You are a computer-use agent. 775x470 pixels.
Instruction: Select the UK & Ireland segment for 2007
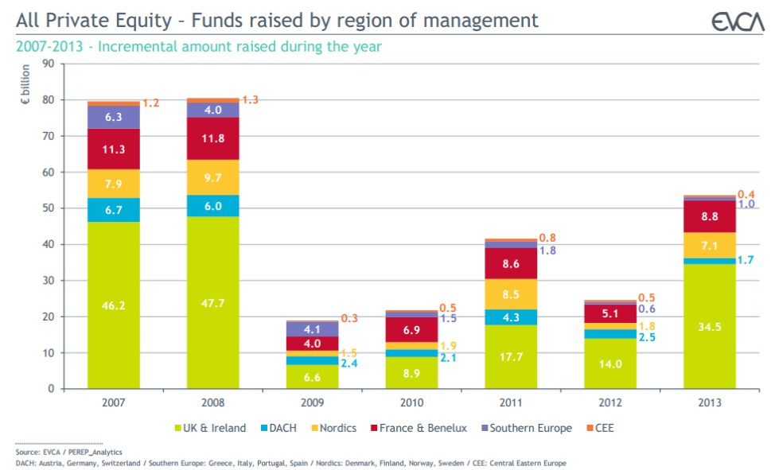coord(114,305)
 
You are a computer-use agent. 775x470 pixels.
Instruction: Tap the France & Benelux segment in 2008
coord(213,138)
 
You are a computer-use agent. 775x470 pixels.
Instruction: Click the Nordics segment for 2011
coord(511,294)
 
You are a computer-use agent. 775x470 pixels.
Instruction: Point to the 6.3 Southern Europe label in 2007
coord(114,117)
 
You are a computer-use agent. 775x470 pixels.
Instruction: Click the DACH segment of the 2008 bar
coord(213,205)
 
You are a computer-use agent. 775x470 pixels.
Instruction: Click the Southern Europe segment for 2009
coord(312,329)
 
